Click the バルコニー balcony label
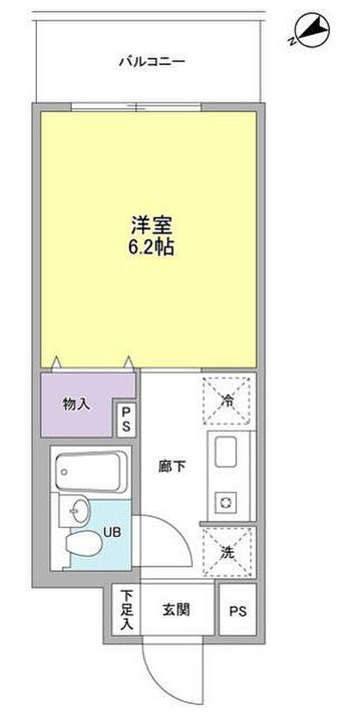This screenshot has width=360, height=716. tap(151, 61)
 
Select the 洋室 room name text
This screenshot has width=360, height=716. tap(151, 225)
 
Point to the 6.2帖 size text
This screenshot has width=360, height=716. tap(151, 247)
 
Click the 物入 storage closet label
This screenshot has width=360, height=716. tap(75, 404)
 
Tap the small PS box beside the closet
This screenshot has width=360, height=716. tap(126, 420)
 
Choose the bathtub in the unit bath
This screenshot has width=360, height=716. tap(91, 471)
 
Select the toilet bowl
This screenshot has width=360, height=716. tap(84, 543)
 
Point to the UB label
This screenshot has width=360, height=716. tap(112, 532)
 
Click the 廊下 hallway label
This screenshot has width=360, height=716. tap(172, 467)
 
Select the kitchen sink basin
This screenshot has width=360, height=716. tap(226, 451)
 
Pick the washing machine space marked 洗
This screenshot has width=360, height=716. tap(228, 553)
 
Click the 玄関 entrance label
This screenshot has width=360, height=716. tap(176, 610)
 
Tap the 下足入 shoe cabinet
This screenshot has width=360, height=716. tap(126, 610)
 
